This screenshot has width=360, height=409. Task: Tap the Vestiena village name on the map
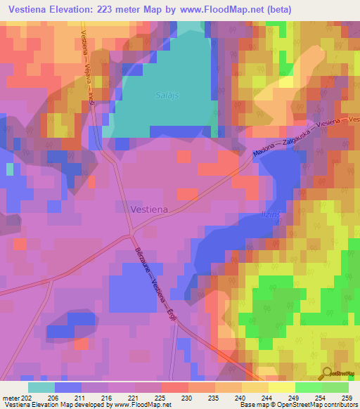pos(150,209)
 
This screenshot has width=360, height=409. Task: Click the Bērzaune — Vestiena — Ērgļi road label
pos(153,279)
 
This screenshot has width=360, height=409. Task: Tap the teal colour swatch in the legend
pos(41,387)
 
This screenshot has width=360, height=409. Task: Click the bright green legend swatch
pos(308,387)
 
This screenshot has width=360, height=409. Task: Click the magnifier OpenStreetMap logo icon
pos(328,375)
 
